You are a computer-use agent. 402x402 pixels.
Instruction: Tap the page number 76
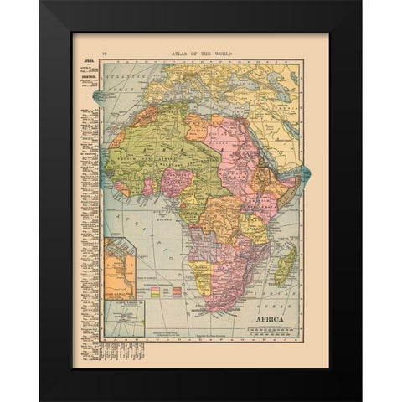[x=104, y=54]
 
